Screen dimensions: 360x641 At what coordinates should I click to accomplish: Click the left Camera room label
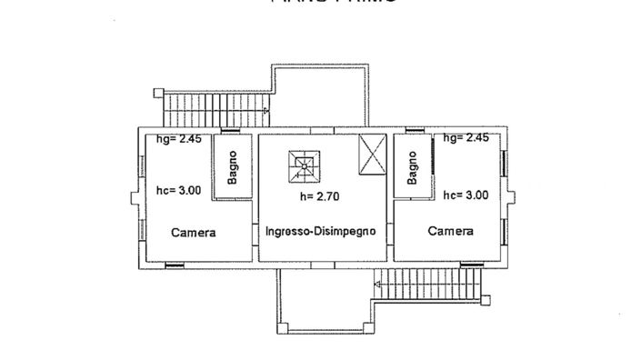(x=194, y=233)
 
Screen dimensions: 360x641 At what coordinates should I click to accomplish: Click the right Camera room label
(x=451, y=231)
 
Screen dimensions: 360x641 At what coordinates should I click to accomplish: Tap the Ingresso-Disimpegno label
(x=321, y=232)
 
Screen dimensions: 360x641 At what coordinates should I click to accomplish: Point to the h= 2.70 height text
(x=319, y=196)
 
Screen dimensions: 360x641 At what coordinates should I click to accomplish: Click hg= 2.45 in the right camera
(x=466, y=138)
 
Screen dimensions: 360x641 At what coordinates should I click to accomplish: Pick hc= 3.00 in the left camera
(x=178, y=191)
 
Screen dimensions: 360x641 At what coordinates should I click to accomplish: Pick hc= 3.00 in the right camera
(x=466, y=195)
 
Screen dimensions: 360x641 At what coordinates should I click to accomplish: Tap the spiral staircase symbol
(x=303, y=164)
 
